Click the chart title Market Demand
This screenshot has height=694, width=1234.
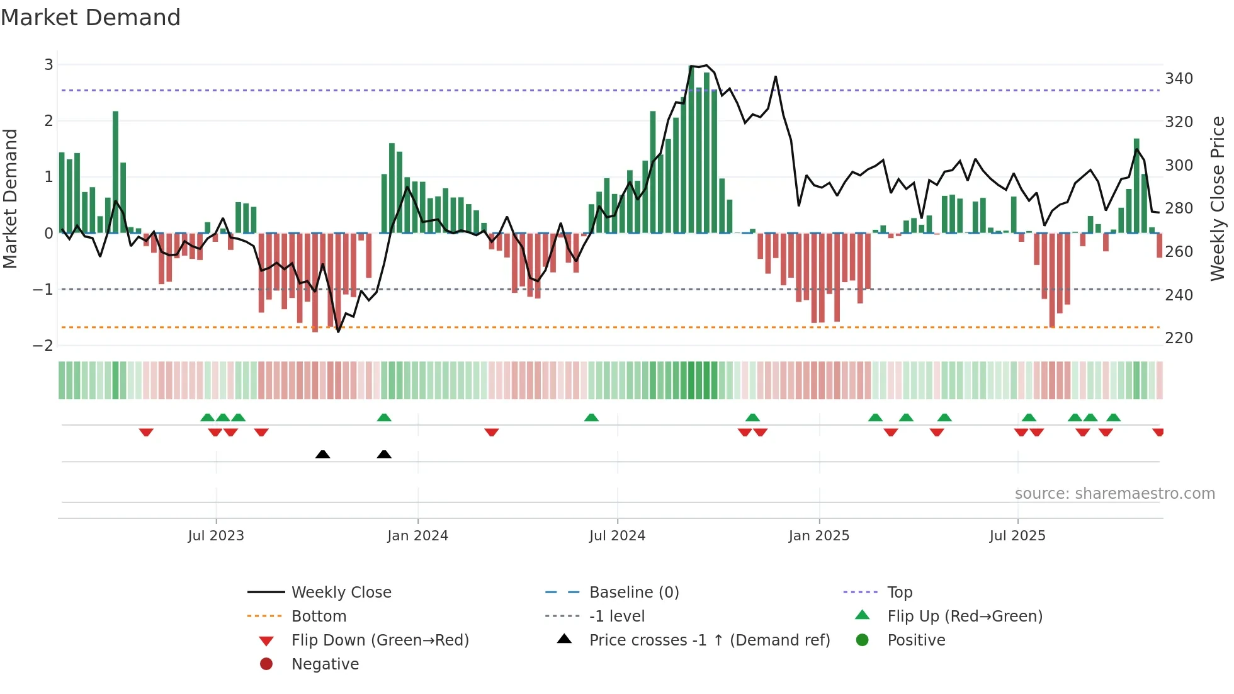(x=91, y=18)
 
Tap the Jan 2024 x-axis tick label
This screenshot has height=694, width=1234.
(x=417, y=536)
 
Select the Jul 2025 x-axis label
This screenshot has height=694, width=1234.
(x=1017, y=536)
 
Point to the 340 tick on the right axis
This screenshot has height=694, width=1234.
(x=1179, y=79)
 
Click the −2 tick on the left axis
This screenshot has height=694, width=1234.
(x=43, y=345)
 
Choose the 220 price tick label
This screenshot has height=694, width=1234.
(x=1179, y=338)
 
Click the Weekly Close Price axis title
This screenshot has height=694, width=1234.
(x=1218, y=198)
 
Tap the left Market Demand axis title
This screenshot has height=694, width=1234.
(x=11, y=198)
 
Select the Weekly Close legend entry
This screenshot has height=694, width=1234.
(x=341, y=593)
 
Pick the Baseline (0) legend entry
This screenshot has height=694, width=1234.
(x=633, y=593)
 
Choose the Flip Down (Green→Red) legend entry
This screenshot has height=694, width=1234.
(x=380, y=640)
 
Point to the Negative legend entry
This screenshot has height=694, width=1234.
(x=325, y=664)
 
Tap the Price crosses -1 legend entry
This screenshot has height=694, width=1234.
(x=709, y=640)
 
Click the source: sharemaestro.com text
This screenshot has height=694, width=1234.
(x=1114, y=494)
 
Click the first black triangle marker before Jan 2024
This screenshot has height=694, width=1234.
(x=322, y=454)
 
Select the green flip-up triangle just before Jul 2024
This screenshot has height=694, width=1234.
(x=591, y=418)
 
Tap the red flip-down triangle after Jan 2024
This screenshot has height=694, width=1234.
(x=492, y=432)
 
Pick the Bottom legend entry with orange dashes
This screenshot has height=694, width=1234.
(x=319, y=617)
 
